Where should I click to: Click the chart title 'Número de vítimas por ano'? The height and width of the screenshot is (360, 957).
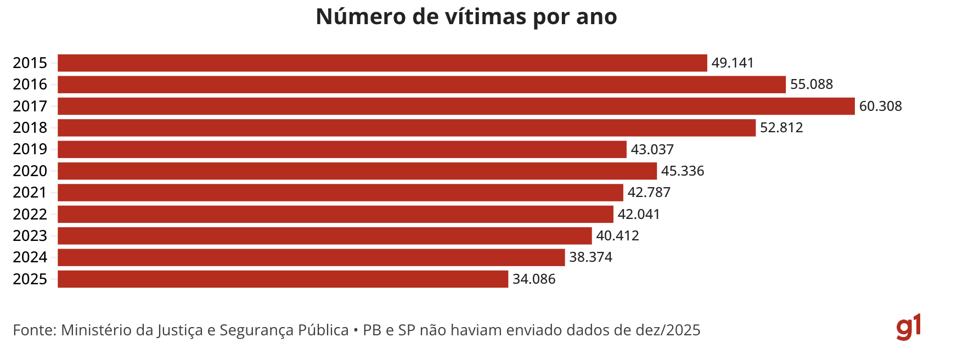coord(466,17)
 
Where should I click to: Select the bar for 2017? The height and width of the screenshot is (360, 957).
coord(455,106)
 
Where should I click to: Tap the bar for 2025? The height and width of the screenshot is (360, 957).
coord(283,279)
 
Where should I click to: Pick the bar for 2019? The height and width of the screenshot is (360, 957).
coord(342,149)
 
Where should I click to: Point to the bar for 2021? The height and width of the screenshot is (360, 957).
coord(340,193)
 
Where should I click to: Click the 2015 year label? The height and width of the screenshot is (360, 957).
coord(30,63)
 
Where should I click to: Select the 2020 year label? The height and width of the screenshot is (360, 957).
coord(30,171)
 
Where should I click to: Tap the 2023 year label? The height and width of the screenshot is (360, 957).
coord(30,236)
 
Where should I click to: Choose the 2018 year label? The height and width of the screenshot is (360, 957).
coord(30,128)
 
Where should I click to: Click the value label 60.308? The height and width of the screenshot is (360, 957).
coord(880,106)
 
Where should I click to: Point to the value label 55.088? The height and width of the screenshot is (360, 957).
coord(812,85)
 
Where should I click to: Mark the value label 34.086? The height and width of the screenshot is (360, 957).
coord(534,279)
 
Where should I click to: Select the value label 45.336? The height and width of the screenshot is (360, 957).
coord(683,171)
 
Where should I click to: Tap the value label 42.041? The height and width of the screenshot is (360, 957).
coord(639,215)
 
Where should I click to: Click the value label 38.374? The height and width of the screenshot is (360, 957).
coord(590,257)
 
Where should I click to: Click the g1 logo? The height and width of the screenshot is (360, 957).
coord(908,328)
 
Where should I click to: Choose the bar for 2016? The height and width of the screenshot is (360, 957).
coord(421,85)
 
